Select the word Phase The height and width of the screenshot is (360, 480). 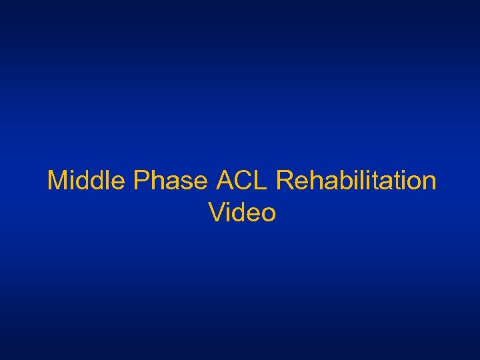coord(171,181)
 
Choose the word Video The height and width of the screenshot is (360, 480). coord(242,213)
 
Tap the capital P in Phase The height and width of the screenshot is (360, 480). coord(141,181)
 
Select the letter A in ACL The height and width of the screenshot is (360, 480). coord(225,181)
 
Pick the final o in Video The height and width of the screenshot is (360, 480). coord(268,213)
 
